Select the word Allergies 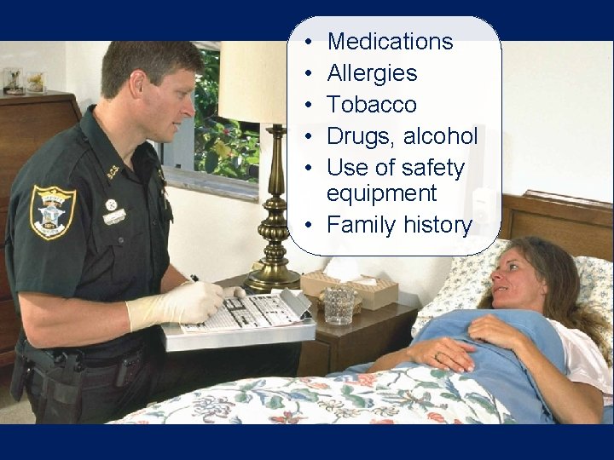tap(372, 72)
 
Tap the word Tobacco tap(372, 104)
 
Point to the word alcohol tap(442, 136)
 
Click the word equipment tap(381, 193)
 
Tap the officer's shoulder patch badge tap(52, 210)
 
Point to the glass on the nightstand tap(338, 304)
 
